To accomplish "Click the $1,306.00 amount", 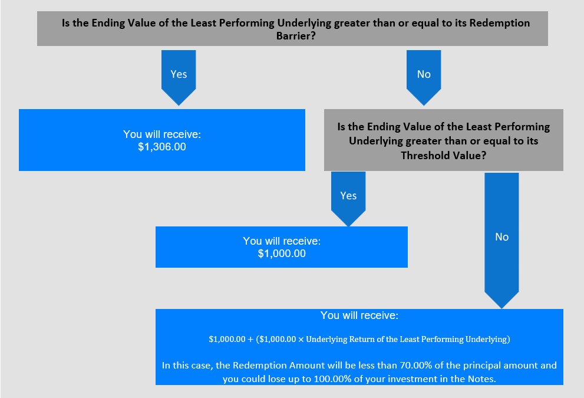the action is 162,147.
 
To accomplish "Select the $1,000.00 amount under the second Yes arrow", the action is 282,254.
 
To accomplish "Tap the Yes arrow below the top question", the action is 179,77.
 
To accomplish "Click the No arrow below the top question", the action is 424,77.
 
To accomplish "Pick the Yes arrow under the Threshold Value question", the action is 348,199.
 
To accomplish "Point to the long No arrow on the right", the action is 501,241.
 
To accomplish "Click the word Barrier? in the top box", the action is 296,36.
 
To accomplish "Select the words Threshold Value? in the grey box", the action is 444,156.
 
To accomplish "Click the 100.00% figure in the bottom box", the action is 332,379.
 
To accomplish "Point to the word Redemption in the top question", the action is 500,23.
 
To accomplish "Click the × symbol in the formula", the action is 301,340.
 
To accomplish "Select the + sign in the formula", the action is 250,340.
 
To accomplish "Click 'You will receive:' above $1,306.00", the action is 162,134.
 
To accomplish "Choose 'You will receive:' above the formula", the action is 359,315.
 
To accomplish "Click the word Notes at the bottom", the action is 481,379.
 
